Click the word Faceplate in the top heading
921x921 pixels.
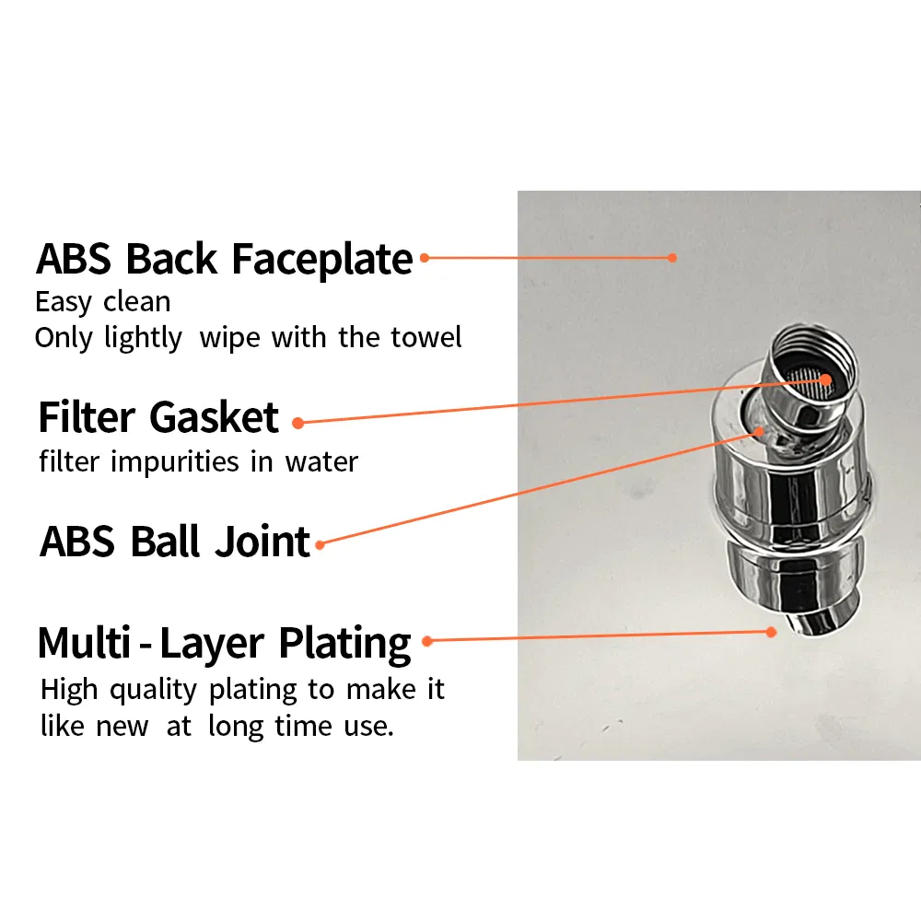pos(321,260)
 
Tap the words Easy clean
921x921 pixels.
pos(102,301)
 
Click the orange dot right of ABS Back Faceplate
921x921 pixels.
pos(425,258)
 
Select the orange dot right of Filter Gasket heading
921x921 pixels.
pos(297,423)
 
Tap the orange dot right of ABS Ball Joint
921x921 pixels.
pos(320,545)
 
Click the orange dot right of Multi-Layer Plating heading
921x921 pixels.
pos(426,640)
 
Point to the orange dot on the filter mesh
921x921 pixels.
pos(825,379)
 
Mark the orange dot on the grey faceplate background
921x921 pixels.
pos(672,258)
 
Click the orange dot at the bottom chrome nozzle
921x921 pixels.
pos(772,632)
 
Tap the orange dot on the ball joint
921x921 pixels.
pos(760,429)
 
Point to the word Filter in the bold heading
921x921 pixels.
pos(87,418)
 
